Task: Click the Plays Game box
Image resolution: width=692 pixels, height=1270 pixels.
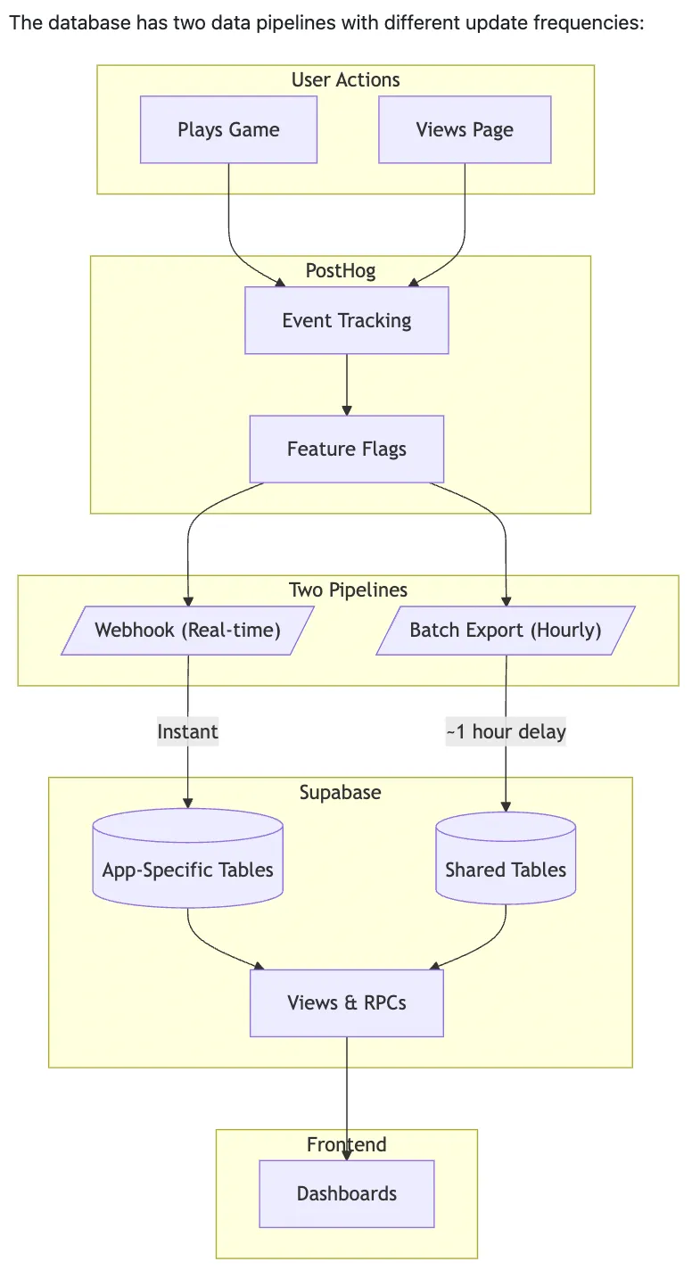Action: click(228, 130)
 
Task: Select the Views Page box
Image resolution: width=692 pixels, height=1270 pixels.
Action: click(465, 130)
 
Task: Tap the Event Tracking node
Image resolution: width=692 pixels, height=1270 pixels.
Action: click(346, 321)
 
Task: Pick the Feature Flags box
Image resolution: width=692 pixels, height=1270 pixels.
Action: click(346, 449)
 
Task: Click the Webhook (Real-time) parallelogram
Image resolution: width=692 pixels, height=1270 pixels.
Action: click(187, 631)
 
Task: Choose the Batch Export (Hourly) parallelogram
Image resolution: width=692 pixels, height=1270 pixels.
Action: click(505, 631)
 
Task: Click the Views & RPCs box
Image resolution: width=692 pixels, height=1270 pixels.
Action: click(346, 1003)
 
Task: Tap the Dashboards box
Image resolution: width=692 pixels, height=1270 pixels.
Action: click(346, 1194)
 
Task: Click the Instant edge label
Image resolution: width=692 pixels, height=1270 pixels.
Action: click(187, 732)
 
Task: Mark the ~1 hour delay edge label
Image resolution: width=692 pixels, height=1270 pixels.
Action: click(506, 732)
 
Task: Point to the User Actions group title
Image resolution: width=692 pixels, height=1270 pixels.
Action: click(345, 80)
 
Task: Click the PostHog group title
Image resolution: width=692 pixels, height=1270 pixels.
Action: click(340, 270)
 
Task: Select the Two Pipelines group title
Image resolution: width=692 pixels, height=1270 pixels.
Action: click(348, 590)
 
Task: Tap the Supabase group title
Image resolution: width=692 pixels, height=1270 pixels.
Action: click(340, 792)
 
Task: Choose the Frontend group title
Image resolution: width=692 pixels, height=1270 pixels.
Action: click(346, 1144)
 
